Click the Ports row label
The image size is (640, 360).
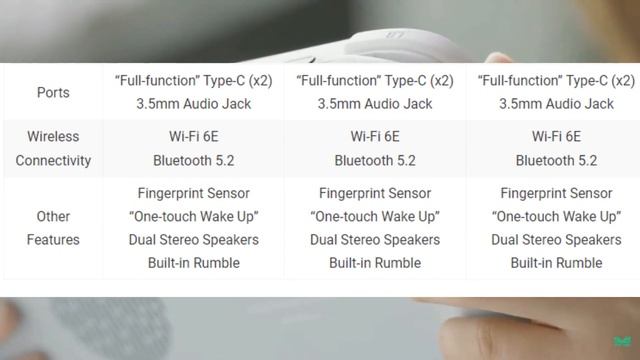coord(53,92)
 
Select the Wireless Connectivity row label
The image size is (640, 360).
coord(53,148)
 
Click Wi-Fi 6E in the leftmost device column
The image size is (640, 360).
coord(194,137)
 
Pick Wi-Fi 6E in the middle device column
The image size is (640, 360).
coord(375,137)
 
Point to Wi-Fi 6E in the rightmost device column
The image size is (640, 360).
coord(556,137)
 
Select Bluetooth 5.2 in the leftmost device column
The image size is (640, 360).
coord(194,160)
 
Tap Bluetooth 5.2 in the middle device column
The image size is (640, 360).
coord(375,160)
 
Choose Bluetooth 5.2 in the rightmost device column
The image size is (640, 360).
coord(556,160)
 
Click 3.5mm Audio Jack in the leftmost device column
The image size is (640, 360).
coord(194,104)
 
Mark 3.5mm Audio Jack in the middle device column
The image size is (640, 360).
coord(375,104)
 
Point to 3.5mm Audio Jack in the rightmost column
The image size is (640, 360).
coord(556,104)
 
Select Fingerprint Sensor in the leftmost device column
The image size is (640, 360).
coord(194,193)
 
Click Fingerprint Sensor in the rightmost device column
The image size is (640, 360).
coord(556,193)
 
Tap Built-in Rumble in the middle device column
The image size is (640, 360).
coord(375,263)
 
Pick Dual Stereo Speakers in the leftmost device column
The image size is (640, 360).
coord(194,240)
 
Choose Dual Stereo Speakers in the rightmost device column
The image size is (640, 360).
coord(556,240)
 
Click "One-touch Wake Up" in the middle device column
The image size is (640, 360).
coord(375,217)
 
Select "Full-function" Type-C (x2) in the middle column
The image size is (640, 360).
coord(375,81)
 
